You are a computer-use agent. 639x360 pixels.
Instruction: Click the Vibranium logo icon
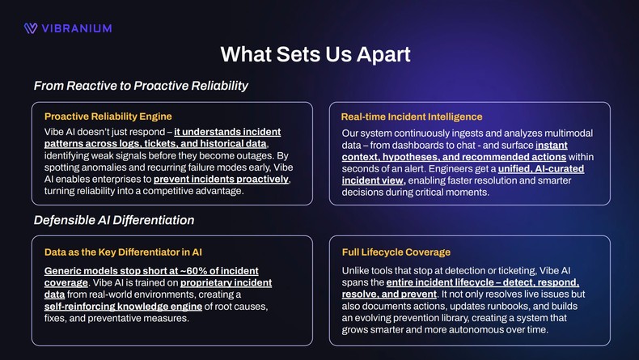31,28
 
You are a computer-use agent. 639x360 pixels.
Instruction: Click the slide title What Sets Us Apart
315,54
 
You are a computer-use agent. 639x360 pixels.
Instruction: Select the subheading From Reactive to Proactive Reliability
141,86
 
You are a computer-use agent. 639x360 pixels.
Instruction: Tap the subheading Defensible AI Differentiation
113,220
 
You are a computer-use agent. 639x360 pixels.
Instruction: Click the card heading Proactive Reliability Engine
108,116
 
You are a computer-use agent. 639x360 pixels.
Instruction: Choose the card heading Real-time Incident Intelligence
412,117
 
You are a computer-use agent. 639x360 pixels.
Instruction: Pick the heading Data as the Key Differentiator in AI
124,252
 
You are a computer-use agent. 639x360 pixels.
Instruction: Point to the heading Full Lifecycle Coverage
396,252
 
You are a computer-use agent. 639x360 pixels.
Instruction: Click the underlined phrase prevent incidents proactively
221,179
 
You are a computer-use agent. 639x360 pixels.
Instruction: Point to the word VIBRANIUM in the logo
77,28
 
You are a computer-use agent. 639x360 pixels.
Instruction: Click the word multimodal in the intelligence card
565,133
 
